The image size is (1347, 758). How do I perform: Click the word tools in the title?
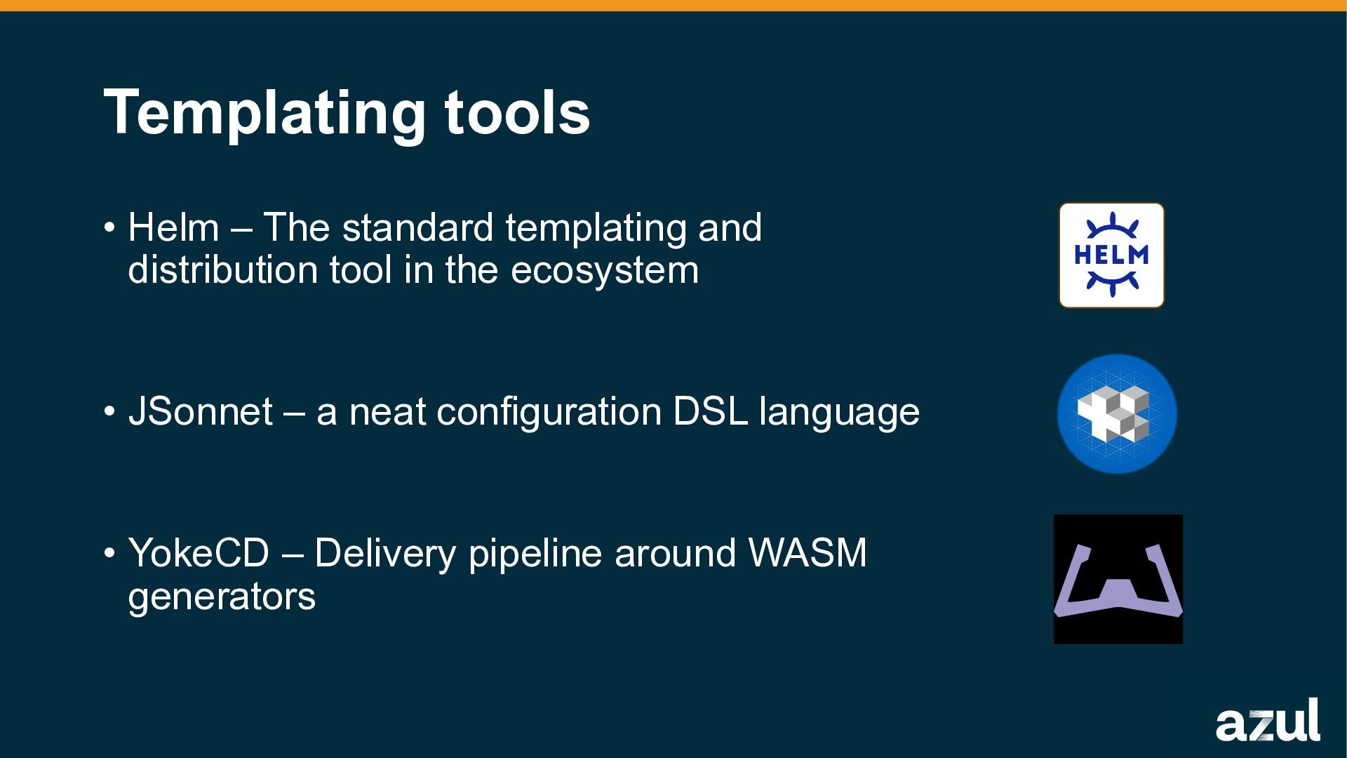click(x=517, y=112)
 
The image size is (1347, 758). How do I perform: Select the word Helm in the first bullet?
click(x=173, y=228)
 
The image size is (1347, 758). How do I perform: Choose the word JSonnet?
click(x=200, y=411)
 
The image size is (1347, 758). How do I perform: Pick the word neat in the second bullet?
click(x=387, y=411)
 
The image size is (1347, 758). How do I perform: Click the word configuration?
click(x=549, y=413)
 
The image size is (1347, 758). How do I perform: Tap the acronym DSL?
click(x=710, y=411)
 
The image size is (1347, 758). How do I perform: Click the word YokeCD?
click(x=199, y=553)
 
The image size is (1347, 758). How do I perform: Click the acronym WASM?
click(x=807, y=553)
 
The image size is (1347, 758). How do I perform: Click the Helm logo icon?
click(x=1111, y=255)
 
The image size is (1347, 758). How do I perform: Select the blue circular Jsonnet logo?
click(x=1117, y=414)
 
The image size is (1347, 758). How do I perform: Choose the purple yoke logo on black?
click(x=1118, y=579)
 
